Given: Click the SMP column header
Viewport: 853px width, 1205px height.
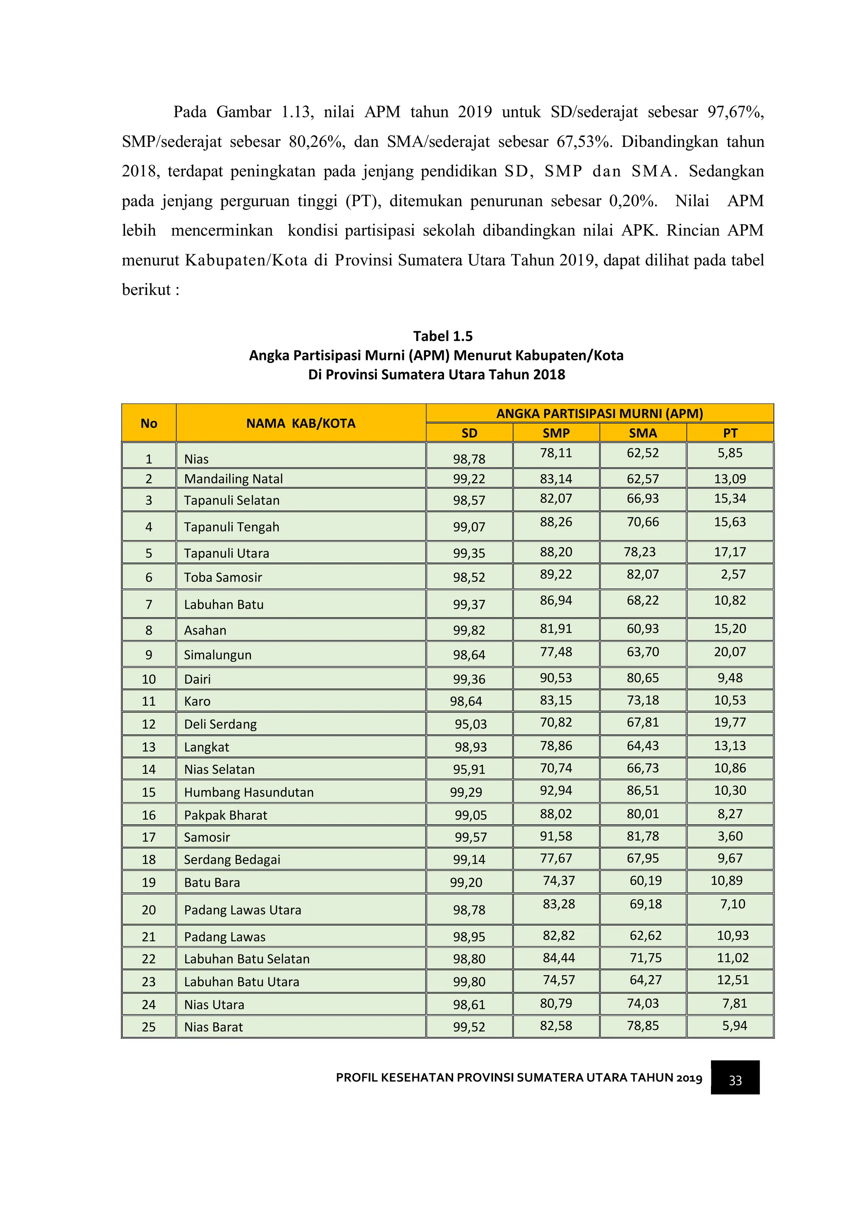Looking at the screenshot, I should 556,433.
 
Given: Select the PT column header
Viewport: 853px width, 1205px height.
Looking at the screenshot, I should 730,433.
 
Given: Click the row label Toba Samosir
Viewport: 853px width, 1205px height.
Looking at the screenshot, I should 223,577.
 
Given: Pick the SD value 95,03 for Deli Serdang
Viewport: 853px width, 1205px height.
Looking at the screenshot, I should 471,724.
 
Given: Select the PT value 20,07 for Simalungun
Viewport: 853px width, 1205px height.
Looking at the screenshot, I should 730,652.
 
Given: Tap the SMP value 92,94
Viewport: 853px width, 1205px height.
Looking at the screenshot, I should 556,791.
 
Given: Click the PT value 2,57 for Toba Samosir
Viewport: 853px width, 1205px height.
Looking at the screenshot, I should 733,574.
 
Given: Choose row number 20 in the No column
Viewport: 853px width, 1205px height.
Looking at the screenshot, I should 149,910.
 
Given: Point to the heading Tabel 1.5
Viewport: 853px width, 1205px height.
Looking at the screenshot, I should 442,336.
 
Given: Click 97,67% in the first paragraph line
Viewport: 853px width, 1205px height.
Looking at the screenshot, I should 735,112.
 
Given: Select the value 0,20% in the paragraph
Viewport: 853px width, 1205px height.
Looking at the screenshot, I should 632,201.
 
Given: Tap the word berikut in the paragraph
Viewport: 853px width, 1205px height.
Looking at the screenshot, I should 147,290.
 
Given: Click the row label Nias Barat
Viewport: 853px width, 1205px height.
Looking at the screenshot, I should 213,1027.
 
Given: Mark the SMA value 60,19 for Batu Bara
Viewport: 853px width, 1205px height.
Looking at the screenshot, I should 646,881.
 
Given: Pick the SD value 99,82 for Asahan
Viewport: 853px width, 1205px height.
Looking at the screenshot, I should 469,630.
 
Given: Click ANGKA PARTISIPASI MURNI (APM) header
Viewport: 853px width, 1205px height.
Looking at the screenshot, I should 599,414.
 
